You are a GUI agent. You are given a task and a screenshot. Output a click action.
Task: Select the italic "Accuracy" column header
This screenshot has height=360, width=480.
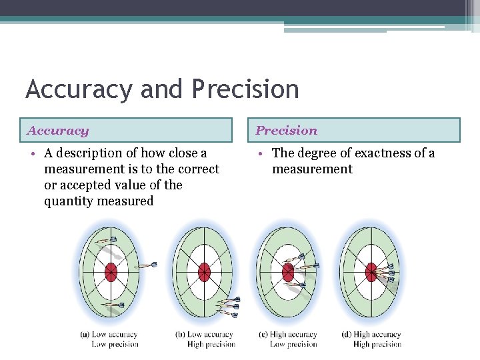(58, 131)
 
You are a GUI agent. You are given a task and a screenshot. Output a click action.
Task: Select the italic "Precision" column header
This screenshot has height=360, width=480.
(287, 131)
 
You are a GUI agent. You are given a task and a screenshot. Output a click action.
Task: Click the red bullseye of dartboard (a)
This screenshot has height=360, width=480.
(111, 272)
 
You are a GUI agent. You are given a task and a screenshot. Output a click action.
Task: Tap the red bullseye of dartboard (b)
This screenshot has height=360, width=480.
(204, 272)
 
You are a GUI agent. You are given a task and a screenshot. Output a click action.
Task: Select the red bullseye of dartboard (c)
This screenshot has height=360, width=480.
(288, 272)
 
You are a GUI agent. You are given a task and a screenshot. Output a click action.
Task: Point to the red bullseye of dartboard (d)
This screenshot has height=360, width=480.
(371, 272)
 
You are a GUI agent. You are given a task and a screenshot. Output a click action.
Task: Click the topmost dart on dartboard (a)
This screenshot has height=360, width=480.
(107, 241)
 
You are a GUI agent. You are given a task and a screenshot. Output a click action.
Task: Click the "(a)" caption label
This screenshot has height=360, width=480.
(85, 335)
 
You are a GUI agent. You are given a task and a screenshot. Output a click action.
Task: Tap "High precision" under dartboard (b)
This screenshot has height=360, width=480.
(211, 344)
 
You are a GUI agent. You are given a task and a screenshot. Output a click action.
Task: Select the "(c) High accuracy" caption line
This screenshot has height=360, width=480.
(287, 335)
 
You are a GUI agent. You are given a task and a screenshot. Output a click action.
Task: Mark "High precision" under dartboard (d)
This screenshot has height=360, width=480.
(377, 344)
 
